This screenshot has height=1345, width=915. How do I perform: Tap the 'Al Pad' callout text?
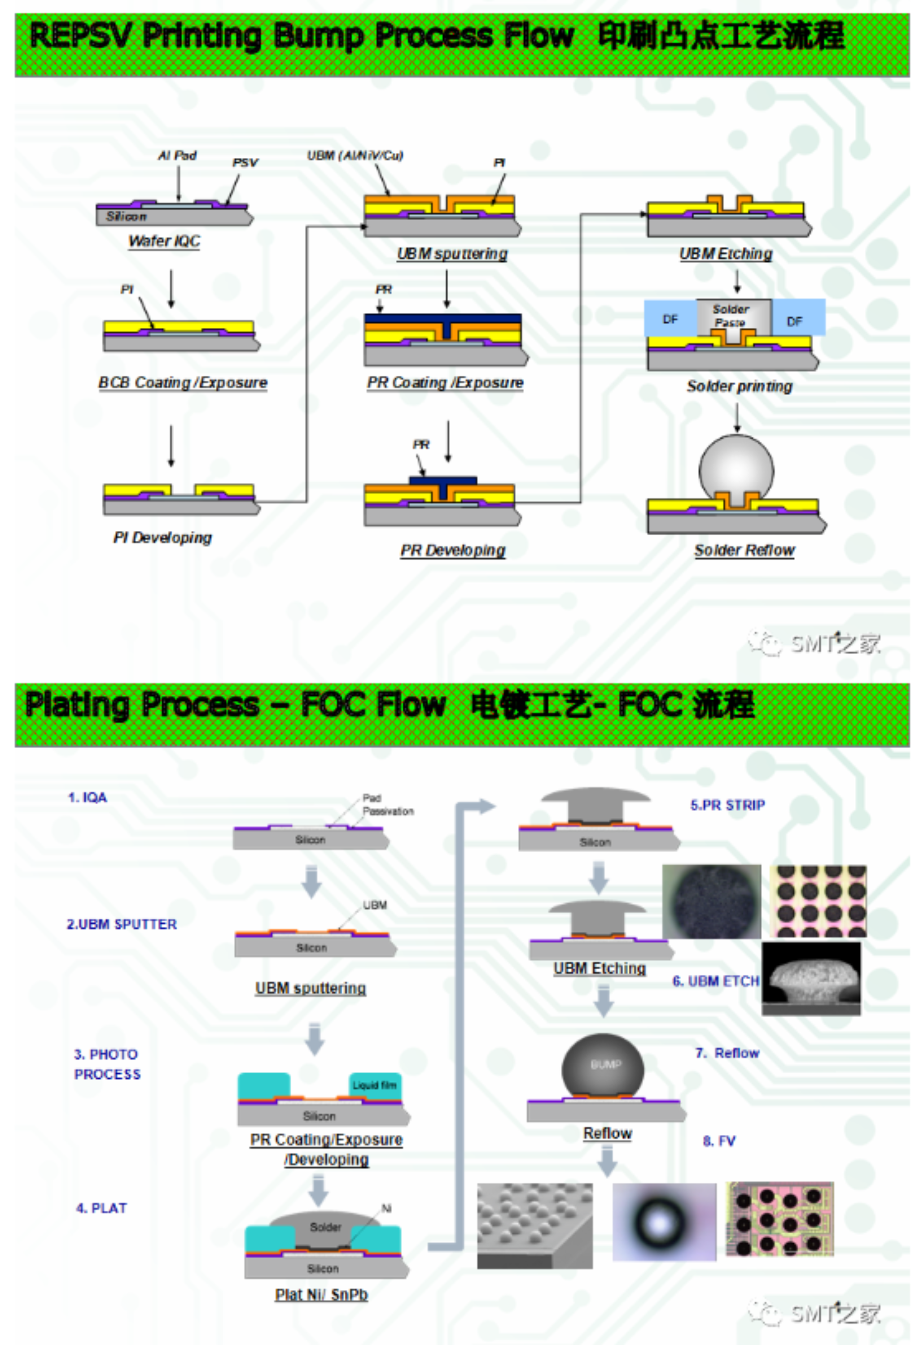point(177,155)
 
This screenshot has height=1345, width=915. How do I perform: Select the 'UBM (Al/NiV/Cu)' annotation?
point(355,155)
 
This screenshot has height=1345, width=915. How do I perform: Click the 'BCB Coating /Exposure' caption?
point(183,382)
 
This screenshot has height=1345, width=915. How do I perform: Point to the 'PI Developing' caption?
point(163,538)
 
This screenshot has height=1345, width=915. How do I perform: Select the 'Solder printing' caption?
point(739,386)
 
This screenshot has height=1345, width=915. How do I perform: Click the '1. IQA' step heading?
point(88,798)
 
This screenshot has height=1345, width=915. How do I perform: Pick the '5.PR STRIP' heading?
point(727,805)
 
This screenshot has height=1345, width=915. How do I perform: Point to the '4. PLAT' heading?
point(101,1208)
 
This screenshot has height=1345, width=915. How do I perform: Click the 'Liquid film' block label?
point(374,1085)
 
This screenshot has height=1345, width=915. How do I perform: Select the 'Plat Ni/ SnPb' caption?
point(321,1295)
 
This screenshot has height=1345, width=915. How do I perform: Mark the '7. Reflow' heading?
point(727,1053)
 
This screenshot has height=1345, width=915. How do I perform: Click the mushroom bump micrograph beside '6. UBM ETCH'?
point(811,978)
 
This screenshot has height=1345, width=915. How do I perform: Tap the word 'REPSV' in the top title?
point(80,36)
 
